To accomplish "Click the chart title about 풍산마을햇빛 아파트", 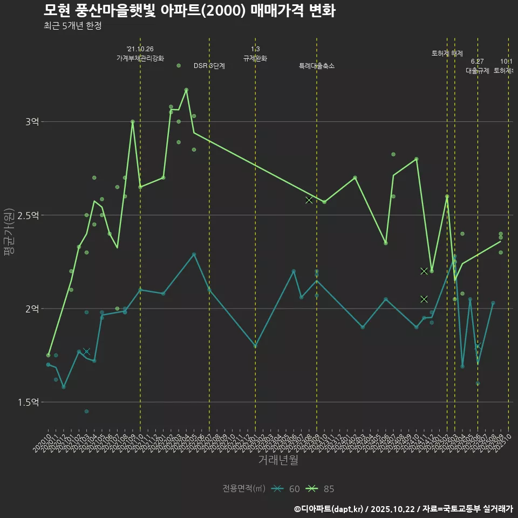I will (x=189, y=11).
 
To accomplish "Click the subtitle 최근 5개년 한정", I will (x=72, y=26).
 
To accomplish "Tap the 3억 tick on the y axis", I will (x=32, y=122).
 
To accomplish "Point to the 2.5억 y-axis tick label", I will (x=28, y=215).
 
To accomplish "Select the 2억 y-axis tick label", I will (x=32, y=309).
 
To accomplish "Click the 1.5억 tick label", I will (x=28, y=402).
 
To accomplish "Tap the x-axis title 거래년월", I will (x=278, y=460).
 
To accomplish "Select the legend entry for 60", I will (x=286, y=489).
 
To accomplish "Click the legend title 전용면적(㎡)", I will (x=244, y=489).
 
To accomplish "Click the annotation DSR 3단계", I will (x=209, y=66).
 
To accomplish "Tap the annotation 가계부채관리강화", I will (x=140, y=58).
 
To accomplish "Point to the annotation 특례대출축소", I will (x=317, y=66).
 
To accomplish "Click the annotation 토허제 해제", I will (x=447, y=53).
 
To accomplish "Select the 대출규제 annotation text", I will (x=478, y=71).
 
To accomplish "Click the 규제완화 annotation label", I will (x=255, y=58).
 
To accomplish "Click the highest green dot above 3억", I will (x=179, y=66).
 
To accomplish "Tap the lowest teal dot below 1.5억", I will (x=86, y=412).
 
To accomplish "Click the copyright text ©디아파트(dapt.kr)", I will (x=329, y=508).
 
